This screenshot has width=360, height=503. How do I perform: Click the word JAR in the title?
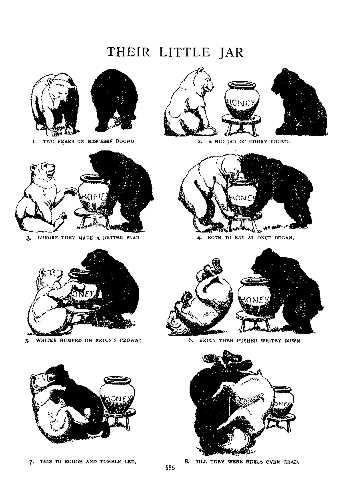point(231,52)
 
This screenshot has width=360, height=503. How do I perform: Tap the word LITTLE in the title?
point(185,52)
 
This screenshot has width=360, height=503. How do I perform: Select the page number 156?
point(170,468)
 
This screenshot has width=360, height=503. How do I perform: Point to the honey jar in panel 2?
point(242,100)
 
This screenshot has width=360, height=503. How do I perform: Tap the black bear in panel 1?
point(114,100)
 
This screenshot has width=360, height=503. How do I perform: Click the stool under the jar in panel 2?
point(242,124)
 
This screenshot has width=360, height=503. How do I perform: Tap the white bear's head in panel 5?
point(50,279)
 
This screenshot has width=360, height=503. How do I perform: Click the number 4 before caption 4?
point(198,238)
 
